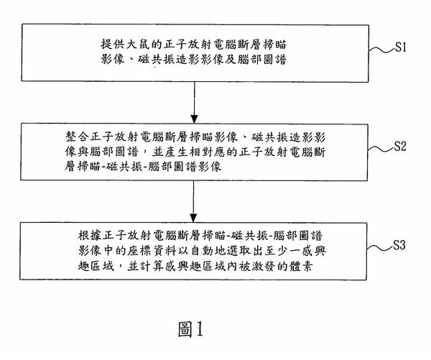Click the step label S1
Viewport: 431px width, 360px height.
pyautogui.click(x=401, y=47)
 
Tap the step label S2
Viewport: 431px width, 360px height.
pyautogui.click(x=400, y=146)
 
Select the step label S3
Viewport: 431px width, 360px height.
pyautogui.click(x=399, y=245)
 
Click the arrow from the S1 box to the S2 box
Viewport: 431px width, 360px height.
pyautogui.click(x=195, y=103)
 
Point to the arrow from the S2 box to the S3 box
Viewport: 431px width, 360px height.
pyautogui.click(x=194, y=201)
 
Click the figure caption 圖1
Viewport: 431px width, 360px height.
pyautogui.click(x=191, y=329)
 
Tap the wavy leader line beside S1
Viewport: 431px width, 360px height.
pyautogui.click(x=381, y=50)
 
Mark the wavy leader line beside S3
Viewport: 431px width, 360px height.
pyautogui.click(x=380, y=247)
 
